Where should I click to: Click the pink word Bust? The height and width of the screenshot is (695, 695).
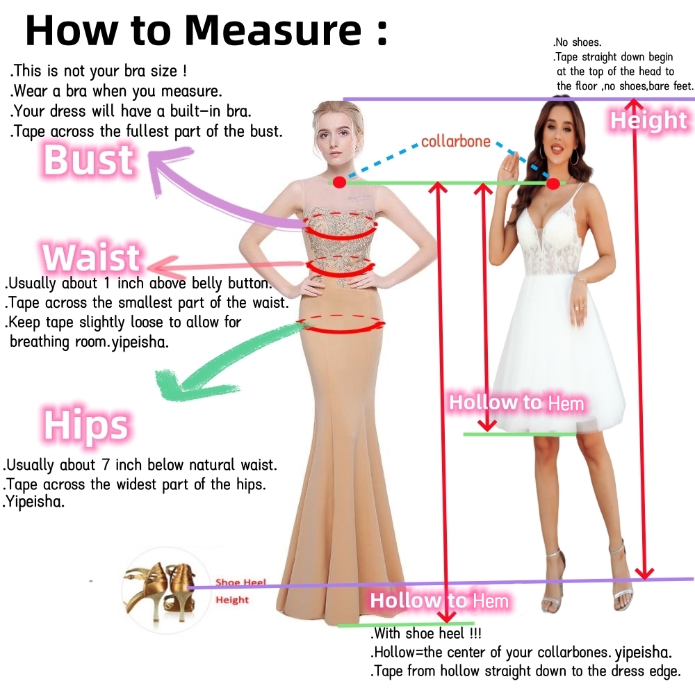[89, 160]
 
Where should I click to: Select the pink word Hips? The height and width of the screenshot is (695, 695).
[86, 425]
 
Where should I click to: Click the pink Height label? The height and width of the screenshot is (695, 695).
[649, 120]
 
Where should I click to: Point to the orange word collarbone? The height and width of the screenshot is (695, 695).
[456, 141]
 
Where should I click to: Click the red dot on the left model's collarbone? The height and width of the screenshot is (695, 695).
[340, 181]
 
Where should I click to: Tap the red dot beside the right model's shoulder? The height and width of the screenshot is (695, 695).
[553, 183]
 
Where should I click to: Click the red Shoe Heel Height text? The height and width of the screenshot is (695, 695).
[240, 591]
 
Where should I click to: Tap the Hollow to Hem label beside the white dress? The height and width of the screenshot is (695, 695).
[516, 403]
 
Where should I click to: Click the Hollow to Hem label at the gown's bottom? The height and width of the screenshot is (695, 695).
[439, 600]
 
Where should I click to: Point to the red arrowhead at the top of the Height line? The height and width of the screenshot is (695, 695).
[635, 105]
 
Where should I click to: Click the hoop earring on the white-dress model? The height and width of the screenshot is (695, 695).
[575, 157]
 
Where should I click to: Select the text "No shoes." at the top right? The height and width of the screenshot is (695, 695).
[577, 42]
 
